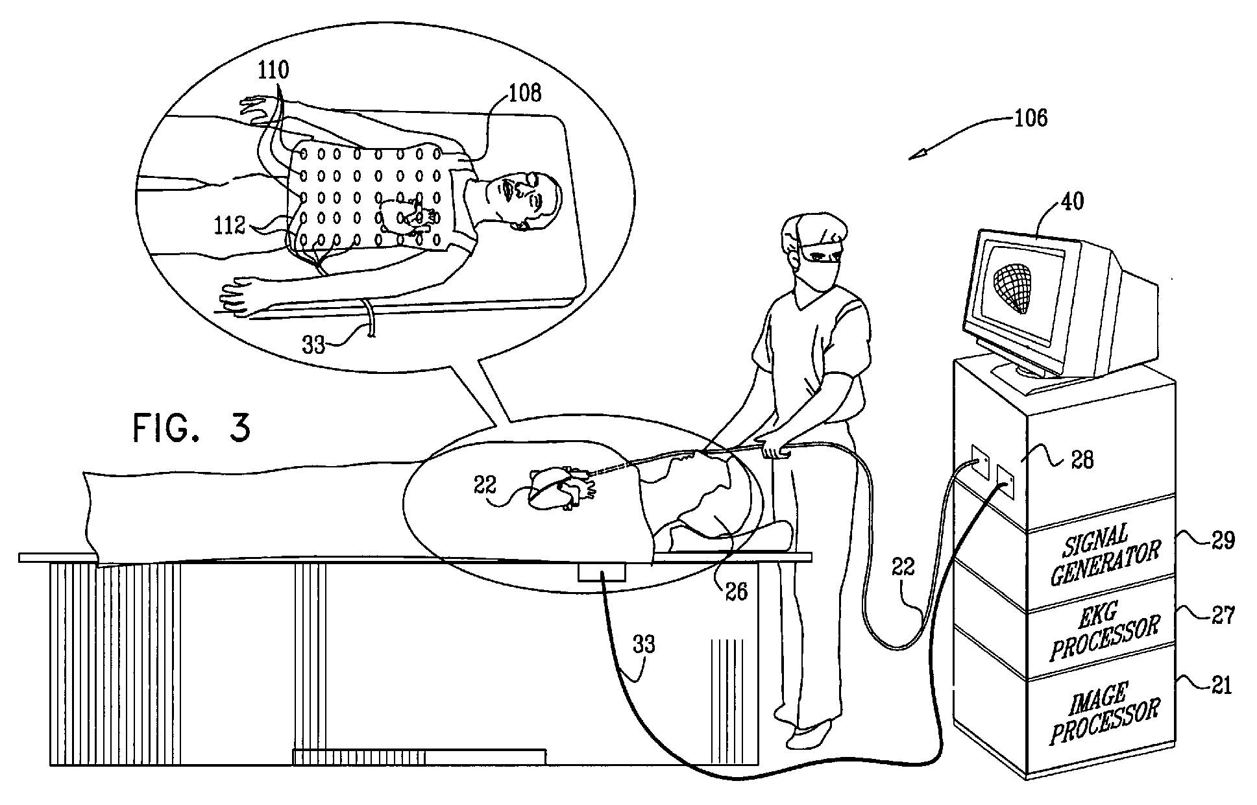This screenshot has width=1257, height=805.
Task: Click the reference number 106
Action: (x=1031, y=119)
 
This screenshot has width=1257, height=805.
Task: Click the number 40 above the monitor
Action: (x=1071, y=201)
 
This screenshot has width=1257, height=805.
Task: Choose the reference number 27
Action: (x=1223, y=614)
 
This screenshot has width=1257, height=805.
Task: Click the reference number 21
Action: (x=1221, y=686)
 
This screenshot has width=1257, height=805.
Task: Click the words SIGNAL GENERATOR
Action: (x=1103, y=555)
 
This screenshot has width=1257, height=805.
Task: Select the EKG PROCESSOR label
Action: (x=1105, y=630)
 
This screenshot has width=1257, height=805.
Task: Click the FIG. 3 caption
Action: (x=191, y=428)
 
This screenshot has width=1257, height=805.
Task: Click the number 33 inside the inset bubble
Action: (x=313, y=345)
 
